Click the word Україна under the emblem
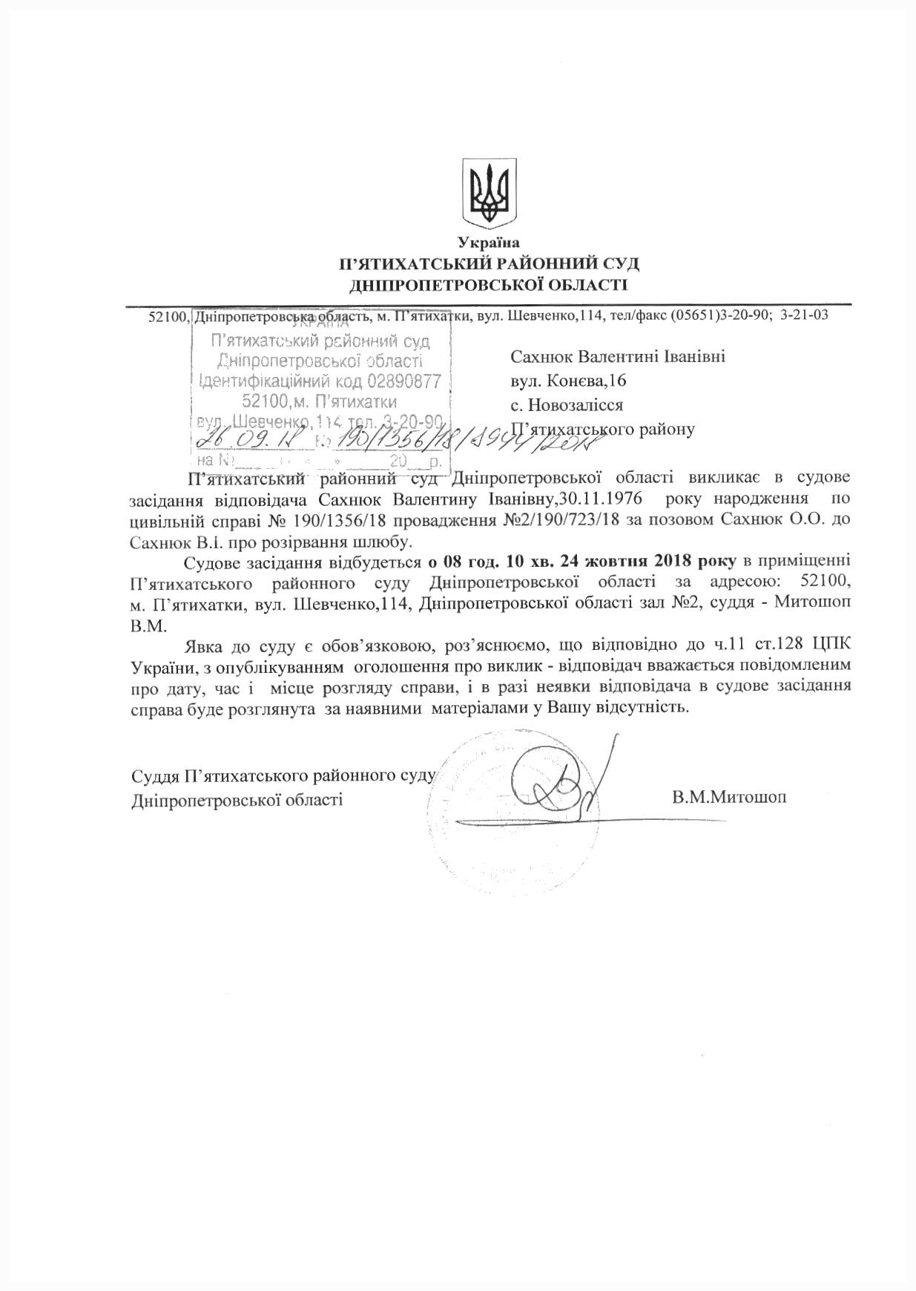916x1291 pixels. tap(489, 243)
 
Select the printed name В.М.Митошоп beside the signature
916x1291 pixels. tap(729, 798)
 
